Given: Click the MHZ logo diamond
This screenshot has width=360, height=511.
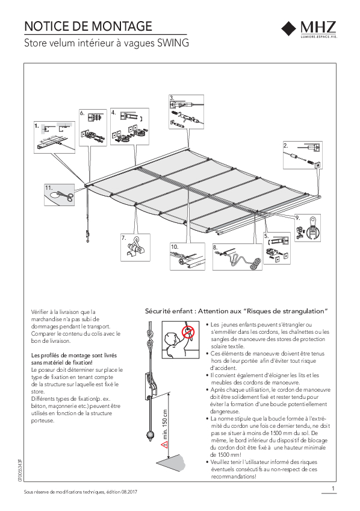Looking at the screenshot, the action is (x=290, y=29).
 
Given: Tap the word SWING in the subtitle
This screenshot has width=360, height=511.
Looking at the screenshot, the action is (x=173, y=43).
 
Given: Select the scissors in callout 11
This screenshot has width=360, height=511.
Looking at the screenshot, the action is (x=66, y=196).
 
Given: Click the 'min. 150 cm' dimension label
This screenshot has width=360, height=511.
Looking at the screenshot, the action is (x=165, y=424).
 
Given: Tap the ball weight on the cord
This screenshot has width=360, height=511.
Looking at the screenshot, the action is (x=150, y=436).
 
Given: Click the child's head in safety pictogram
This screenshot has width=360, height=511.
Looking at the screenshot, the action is (x=170, y=337).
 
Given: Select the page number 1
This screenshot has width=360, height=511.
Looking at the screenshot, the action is (x=333, y=489).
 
